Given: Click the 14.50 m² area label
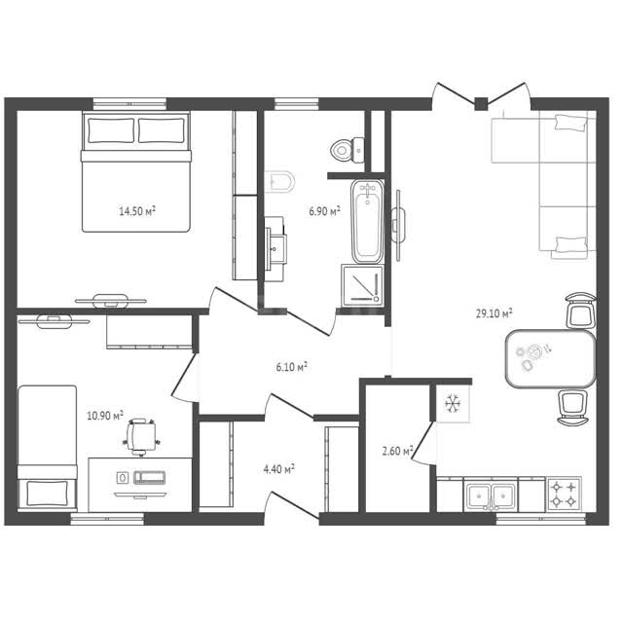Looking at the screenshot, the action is point(137,210).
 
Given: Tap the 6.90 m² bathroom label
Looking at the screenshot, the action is point(324,211).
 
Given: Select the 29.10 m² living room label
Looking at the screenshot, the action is point(494,313).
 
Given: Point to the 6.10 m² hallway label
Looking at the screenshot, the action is point(292,367).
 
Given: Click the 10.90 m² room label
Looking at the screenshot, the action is point(105,416).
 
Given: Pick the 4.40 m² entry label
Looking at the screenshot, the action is point(279,469).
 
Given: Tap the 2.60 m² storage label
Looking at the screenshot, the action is point(398,451).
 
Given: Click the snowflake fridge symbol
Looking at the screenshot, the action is point(452,403).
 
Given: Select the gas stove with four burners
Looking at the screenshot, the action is point(564,494).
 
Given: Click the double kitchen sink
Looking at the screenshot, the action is point(491,495).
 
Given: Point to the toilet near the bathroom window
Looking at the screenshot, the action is point(347,150).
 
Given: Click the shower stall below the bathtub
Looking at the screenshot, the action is point(363,285).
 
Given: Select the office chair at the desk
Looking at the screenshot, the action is point(142,437).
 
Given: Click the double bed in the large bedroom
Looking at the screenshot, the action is point(136,171).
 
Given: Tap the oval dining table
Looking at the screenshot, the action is point(551,358).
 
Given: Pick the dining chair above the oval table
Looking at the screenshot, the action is point(581,311).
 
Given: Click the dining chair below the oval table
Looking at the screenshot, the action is point(573,408).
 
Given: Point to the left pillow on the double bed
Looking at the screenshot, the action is point(111,130).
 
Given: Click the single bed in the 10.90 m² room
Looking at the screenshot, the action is point(48,448).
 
